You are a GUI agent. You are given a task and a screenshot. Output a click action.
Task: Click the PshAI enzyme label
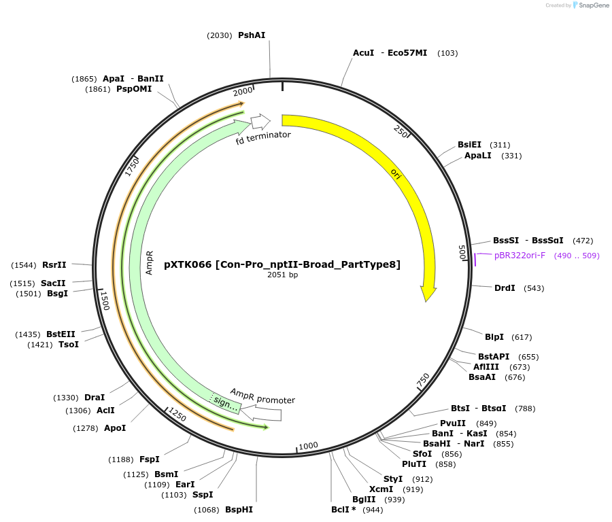pos(252,35)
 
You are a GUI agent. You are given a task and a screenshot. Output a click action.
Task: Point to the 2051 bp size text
pos(283,275)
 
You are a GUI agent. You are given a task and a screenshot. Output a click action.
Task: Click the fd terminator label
pos(263,136)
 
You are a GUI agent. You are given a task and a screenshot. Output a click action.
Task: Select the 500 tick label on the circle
pos(462,252)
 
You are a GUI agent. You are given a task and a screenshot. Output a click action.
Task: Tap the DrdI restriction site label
pos(505,288)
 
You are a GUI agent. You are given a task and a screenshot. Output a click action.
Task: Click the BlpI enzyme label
pos(494,337)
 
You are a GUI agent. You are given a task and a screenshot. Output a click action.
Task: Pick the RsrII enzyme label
pos(54,265)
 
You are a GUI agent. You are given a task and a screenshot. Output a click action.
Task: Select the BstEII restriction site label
pos(61,334)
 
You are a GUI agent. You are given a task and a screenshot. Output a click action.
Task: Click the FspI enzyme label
pos(149,459)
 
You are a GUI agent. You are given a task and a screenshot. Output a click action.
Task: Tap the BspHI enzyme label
pos(239,509)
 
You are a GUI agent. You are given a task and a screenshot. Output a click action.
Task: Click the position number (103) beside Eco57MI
pos(447,53)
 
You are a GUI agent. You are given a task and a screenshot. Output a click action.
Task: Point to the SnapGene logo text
pos(592,5)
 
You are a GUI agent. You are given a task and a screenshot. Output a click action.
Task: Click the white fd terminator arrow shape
pos(260,122)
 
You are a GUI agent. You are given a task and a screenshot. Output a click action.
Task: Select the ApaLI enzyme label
pos(479,156)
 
